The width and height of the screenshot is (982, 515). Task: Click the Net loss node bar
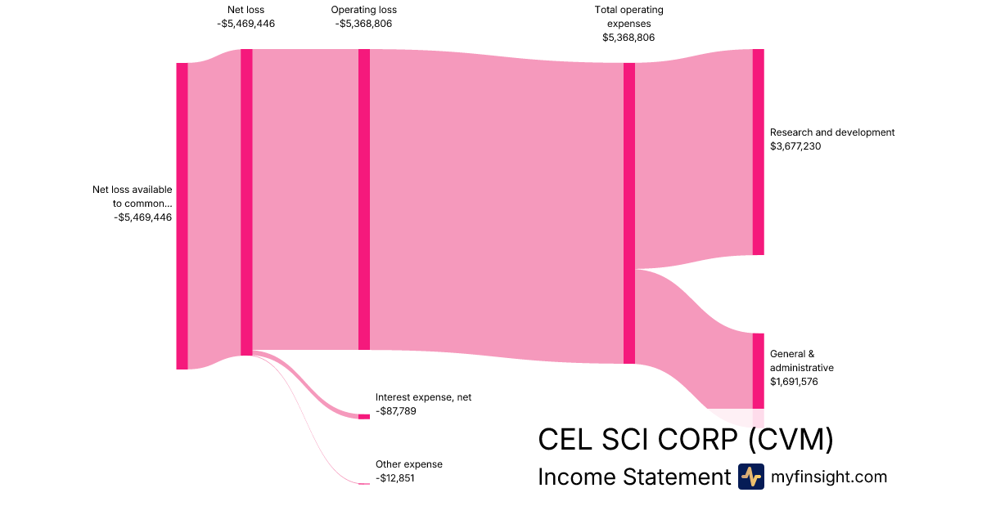(246, 202)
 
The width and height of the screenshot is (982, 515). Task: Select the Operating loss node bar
(364, 199)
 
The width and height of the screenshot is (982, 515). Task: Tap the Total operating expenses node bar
(629, 213)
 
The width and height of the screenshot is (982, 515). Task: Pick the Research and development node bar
(758, 151)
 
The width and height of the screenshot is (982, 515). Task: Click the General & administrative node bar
(758, 370)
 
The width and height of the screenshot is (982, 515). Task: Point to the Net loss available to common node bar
(182, 216)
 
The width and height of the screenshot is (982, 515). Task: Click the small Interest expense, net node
(364, 417)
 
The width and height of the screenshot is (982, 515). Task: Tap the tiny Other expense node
(364, 484)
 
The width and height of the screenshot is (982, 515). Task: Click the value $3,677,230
(795, 146)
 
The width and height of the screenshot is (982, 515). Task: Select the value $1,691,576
(794, 382)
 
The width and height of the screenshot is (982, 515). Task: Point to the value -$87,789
(396, 411)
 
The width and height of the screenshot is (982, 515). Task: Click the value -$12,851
(395, 478)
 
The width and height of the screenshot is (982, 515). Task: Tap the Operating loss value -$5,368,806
(363, 24)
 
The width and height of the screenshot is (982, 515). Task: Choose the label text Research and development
(832, 132)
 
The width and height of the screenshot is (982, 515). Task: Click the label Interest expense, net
(423, 397)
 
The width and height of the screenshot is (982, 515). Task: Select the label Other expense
(408, 464)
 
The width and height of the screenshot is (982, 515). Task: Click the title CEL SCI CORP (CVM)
(686, 440)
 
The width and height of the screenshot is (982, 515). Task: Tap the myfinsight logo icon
(750, 477)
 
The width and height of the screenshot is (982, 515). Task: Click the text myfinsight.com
(829, 477)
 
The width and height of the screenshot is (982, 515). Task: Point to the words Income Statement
(633, 477)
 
